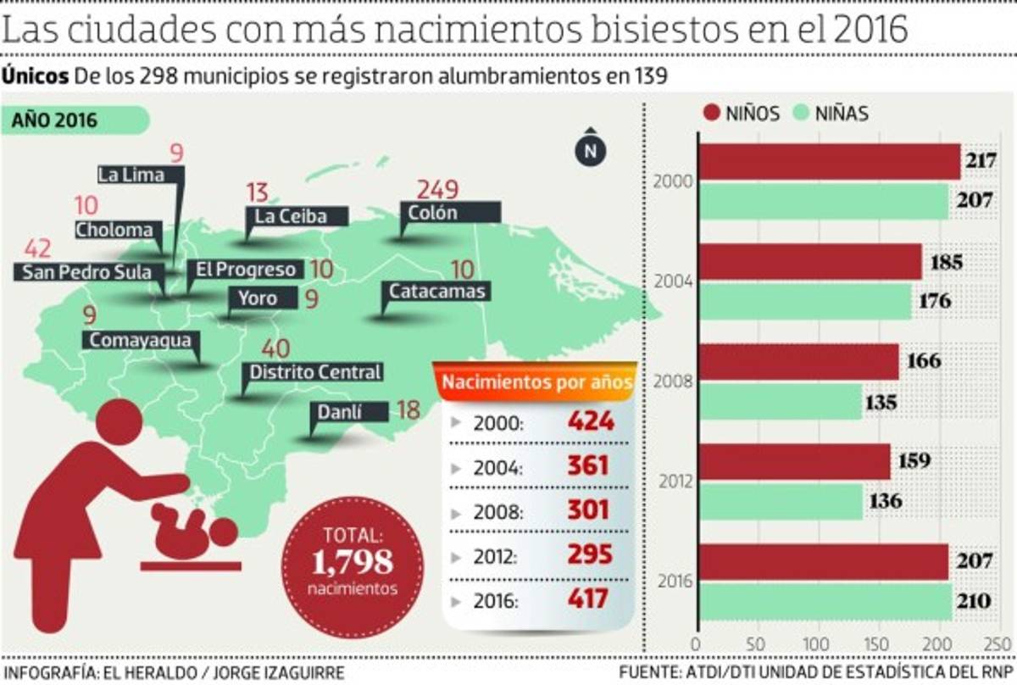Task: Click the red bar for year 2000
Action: click(x=828, y=161)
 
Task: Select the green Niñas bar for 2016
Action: click(x=826, y=602)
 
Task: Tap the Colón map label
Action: click(x=449, y=213)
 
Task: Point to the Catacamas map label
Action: click(x=436, y=292)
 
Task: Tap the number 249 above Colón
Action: click(x=437, y=190)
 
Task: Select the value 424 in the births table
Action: click(x=590, y=420)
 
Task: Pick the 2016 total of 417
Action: click(x=588, y=599)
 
